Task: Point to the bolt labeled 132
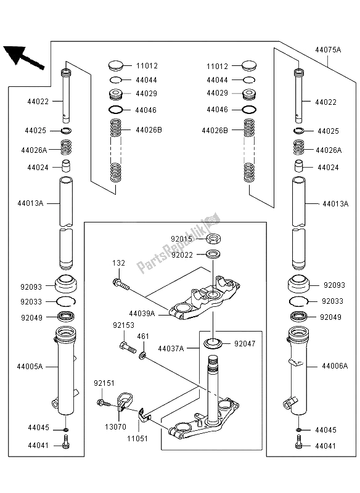pos(122,285)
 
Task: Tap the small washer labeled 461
pos(142,357)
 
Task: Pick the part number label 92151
pos(104,382)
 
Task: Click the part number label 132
pos(119,263)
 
